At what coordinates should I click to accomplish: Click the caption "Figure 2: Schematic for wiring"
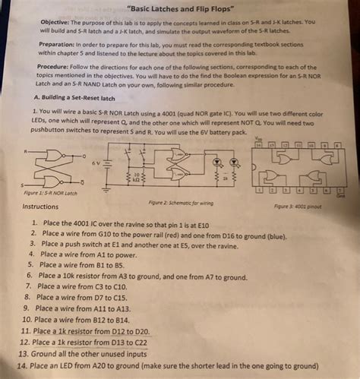(178, 203)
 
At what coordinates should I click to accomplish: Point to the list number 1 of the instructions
(33, 223)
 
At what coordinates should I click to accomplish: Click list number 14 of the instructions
(22, 365)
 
